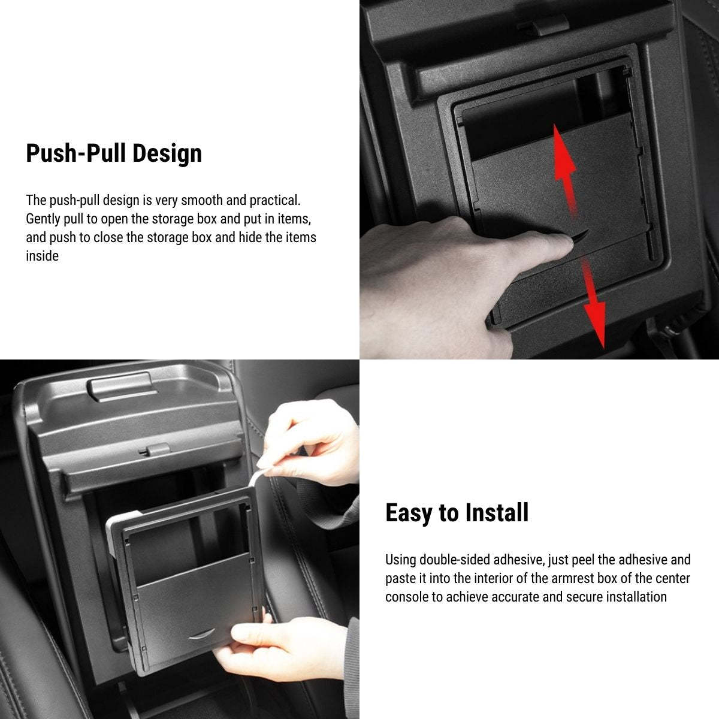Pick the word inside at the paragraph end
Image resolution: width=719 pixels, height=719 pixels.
[42, 256]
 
